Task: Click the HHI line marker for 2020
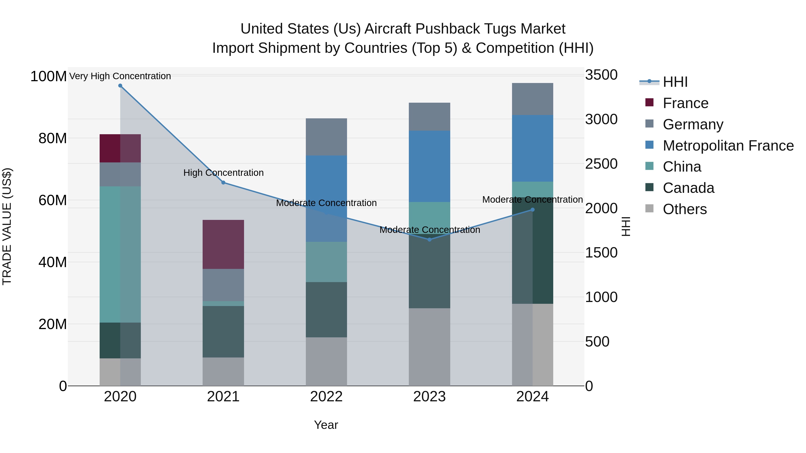(120, 86)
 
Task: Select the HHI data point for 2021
(223, 183)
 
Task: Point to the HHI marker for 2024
(533, 210)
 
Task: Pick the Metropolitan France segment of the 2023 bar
(429, 166)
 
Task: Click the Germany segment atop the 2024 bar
(533, 99)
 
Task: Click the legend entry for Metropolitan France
(728, 146)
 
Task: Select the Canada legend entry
(688, 188)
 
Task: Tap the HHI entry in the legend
(675, 82)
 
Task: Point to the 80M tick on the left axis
(53, 138)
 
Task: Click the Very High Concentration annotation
(120, 76)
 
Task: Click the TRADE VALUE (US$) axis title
(7, 226)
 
